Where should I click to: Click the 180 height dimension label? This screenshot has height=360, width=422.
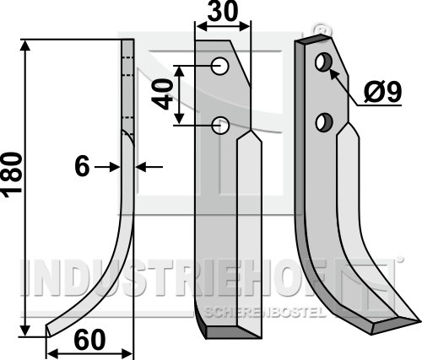(x=12, y=175)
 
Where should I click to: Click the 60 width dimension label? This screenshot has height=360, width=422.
(x=89, y=340)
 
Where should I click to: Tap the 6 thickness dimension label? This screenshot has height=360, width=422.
(x=82, y=166)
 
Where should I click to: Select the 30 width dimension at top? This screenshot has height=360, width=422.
(x=223, y=11)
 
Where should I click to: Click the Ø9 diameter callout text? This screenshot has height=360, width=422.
(x=382, y=92)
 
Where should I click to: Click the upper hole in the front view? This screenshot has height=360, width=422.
(x=220, y=67)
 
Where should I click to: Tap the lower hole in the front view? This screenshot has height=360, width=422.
(x=220, y=126)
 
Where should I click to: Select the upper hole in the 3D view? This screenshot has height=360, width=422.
(x=324, y=62)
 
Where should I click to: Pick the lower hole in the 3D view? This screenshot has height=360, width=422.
(x=324, y=121)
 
